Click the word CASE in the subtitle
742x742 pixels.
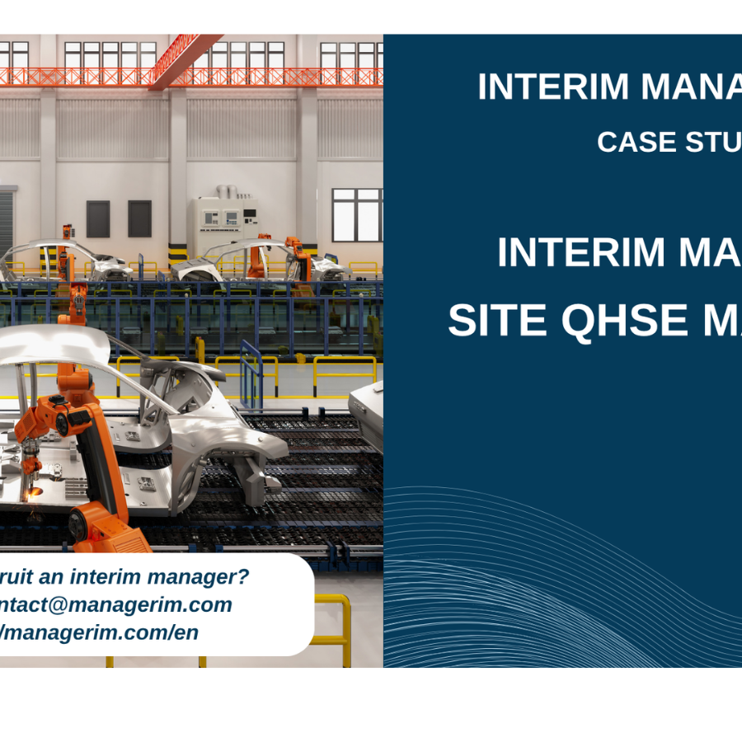point(630,142)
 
